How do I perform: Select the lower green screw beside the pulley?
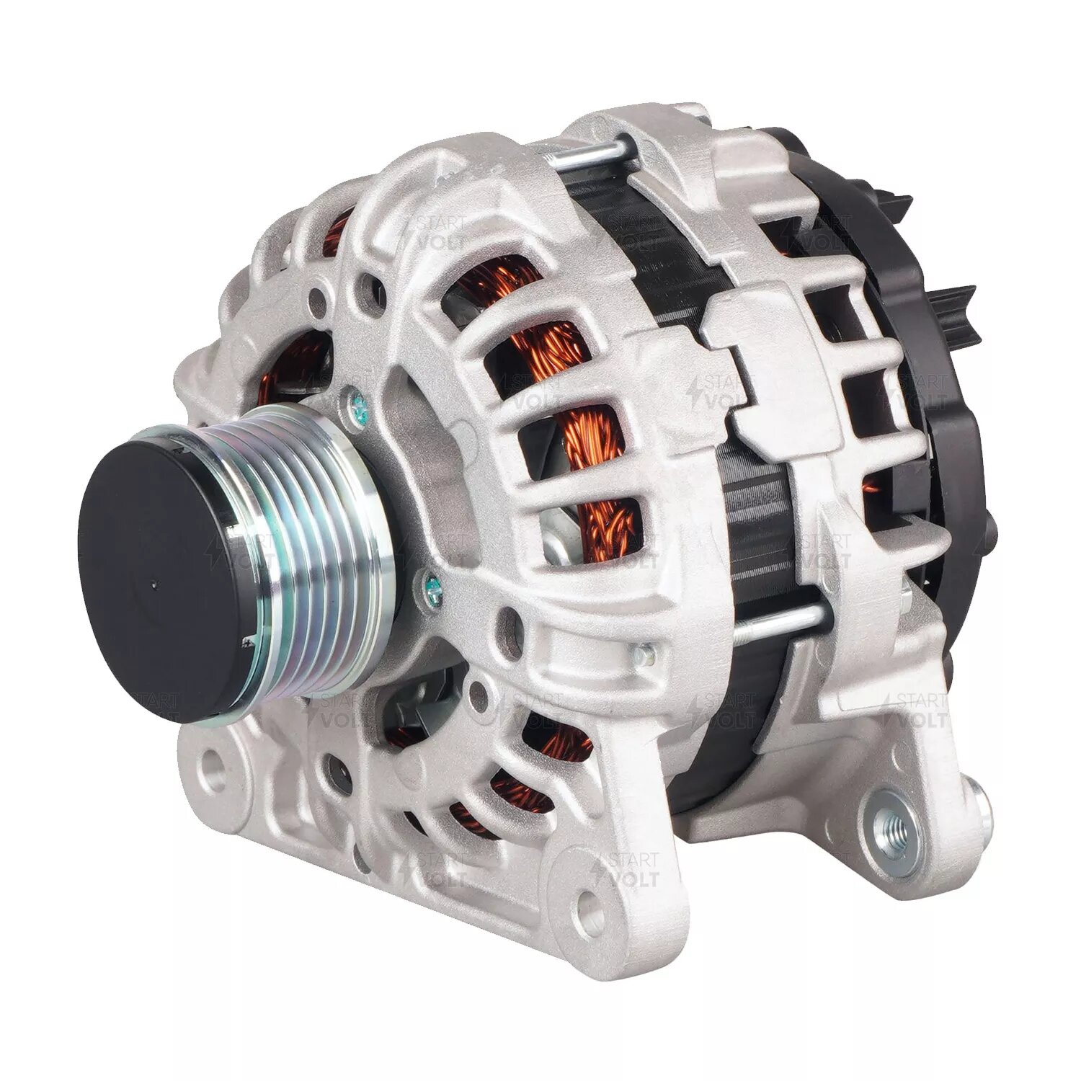click(x=431, y=577)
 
